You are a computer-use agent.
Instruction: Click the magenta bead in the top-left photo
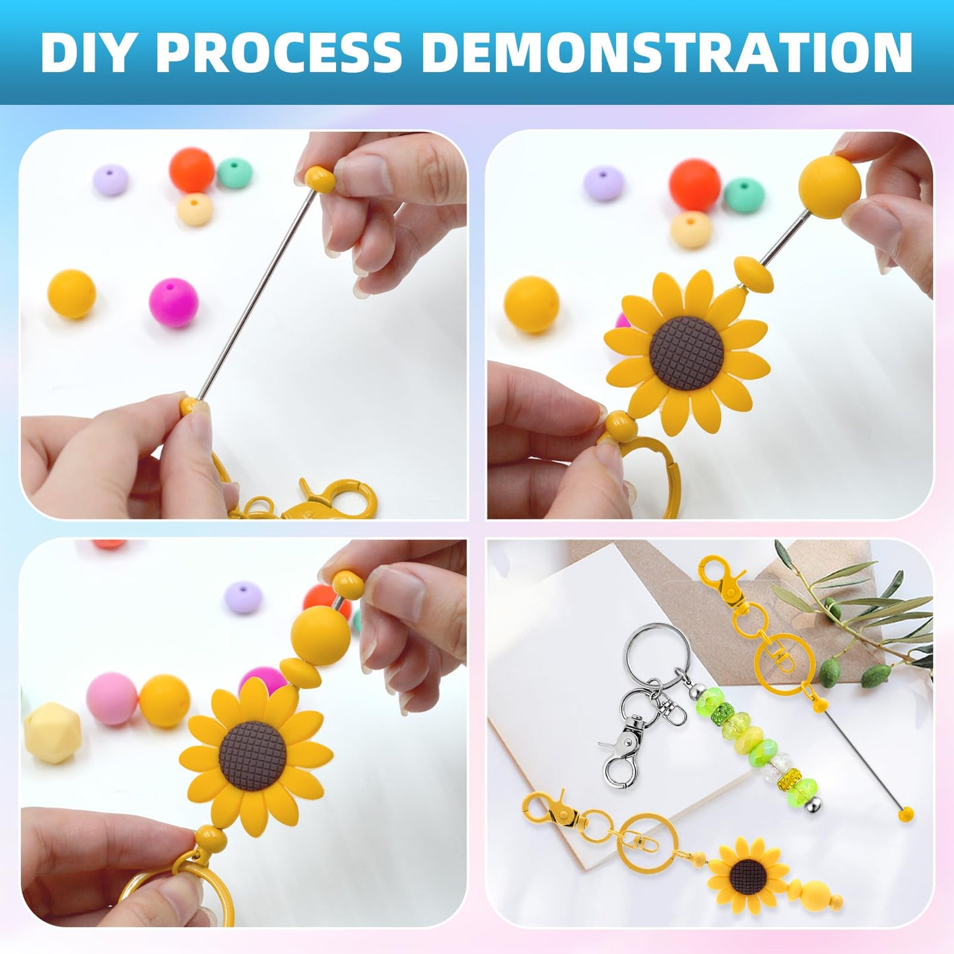point(173,302)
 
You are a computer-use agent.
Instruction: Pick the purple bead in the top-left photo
point(110,180)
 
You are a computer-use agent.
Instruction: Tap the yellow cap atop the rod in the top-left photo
point(318,179)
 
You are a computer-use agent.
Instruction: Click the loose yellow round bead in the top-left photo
point(71,294)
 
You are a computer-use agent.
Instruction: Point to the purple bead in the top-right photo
point(603,183)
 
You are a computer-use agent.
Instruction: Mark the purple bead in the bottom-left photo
point(242,597)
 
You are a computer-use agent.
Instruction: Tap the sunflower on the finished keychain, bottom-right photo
point(748,874)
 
